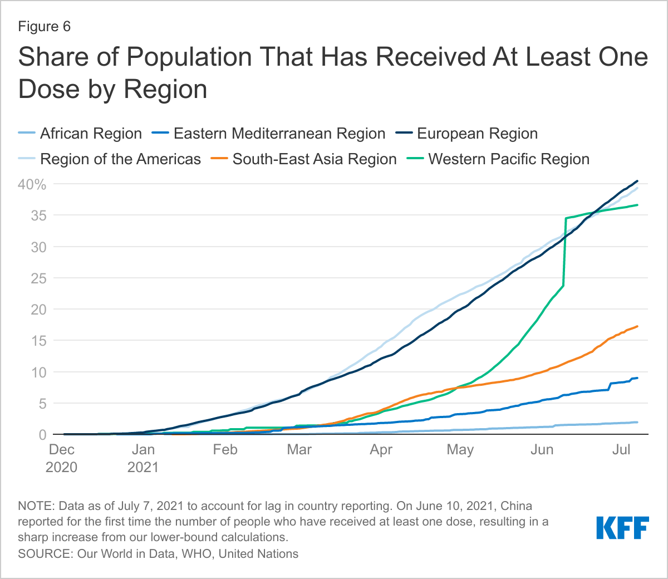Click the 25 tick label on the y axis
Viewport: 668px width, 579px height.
(38, 278)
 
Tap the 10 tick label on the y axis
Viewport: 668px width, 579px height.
(38, 372)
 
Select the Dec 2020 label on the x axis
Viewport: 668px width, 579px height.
(61, 458)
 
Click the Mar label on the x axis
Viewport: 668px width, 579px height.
(299, 450)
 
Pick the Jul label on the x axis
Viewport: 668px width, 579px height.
(621, 450)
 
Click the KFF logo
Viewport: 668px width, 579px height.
(622, 528)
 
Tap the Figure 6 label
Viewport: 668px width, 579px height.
(45, 27)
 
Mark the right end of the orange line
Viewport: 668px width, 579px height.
(637, 326)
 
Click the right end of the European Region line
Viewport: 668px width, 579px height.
(637, 181)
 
